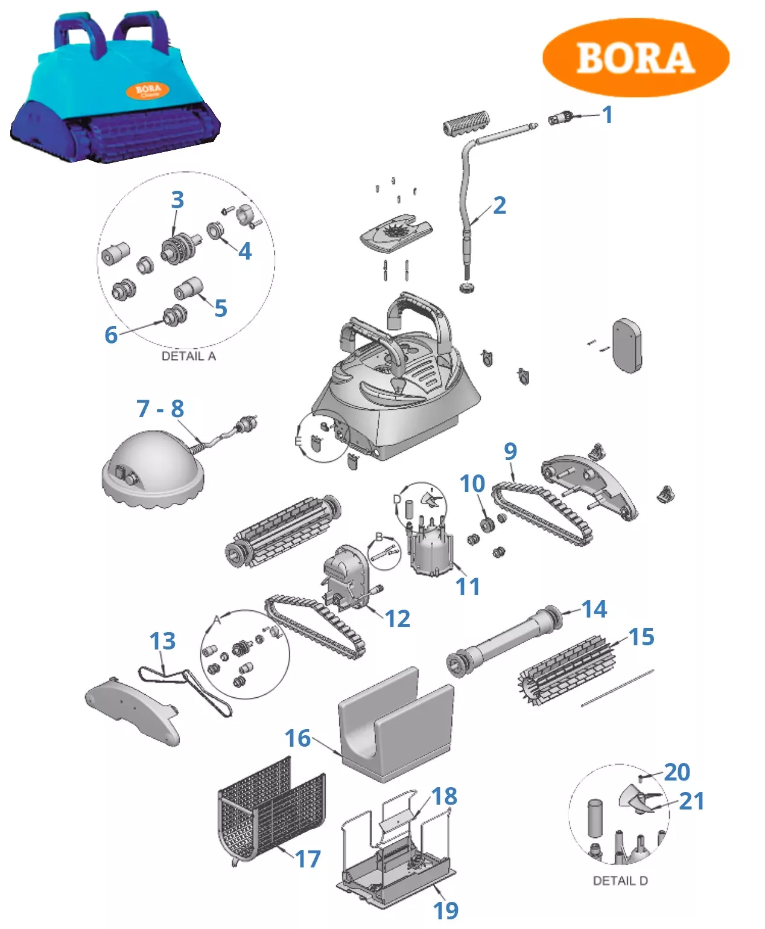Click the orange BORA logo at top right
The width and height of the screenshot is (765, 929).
point(635,58)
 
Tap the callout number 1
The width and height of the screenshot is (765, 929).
point(608,115)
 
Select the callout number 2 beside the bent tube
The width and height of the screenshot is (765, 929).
point(499,206)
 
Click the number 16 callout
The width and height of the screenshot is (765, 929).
point(297,738)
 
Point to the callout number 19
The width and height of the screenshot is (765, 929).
point(446,910)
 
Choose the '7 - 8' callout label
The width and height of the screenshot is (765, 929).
point(160,409)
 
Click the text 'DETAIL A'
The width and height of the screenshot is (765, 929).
point(188,356)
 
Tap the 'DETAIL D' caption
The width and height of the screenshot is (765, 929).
point(620,881)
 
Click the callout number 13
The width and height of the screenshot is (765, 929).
point(162,641)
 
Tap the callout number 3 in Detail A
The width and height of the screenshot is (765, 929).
point(177,200)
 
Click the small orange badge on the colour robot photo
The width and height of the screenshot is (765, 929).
point(148,91)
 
